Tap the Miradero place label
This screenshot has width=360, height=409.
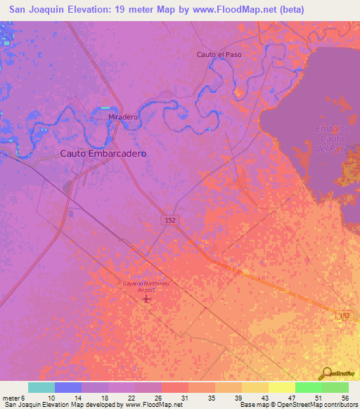122,117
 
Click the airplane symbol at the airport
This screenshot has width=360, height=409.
146,299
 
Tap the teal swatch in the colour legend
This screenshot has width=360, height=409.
41,387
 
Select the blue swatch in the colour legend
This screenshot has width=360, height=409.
68,387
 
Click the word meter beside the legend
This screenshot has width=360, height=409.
12,397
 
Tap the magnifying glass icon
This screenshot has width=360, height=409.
326,373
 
